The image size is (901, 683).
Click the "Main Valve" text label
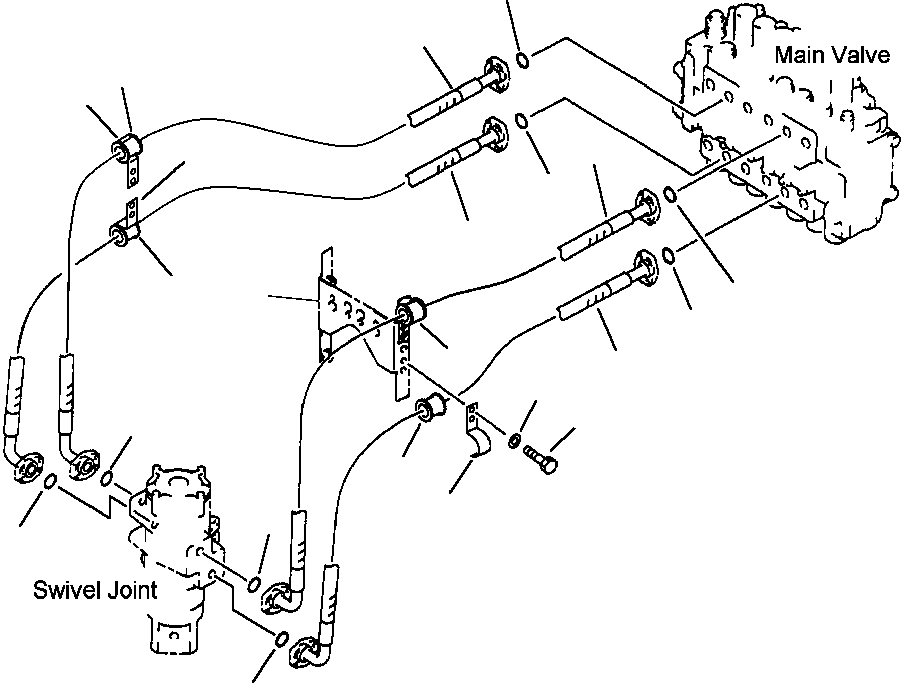832,55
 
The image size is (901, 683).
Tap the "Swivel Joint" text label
95,590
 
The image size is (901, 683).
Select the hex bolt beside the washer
541,458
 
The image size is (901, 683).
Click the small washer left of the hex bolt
515,441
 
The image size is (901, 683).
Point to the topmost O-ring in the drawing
522,59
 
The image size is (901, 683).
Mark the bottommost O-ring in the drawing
282,639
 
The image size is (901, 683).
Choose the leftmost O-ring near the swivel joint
50,481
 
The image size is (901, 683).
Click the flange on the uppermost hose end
497,74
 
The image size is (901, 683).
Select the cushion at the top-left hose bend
128,148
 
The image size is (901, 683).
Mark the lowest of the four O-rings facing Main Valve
669,255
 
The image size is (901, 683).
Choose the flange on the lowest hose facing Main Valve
646,268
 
